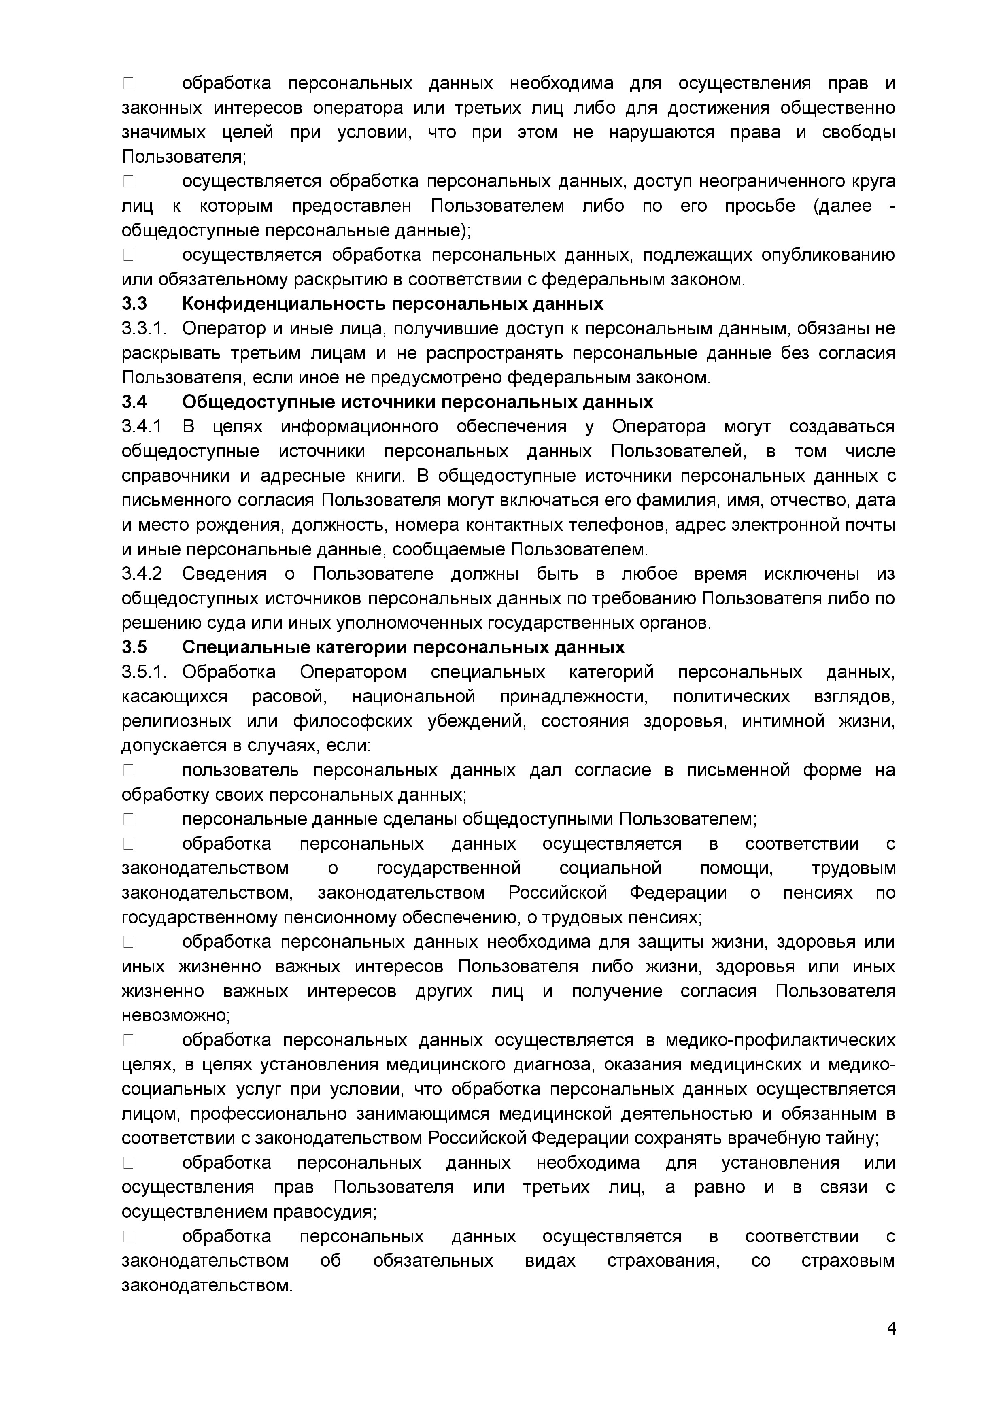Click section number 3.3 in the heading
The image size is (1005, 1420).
pos(134,304)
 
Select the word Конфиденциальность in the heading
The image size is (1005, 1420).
pos(284,304)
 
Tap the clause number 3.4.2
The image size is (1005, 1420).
pos(142,574)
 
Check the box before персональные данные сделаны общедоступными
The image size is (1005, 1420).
pos(128,819)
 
